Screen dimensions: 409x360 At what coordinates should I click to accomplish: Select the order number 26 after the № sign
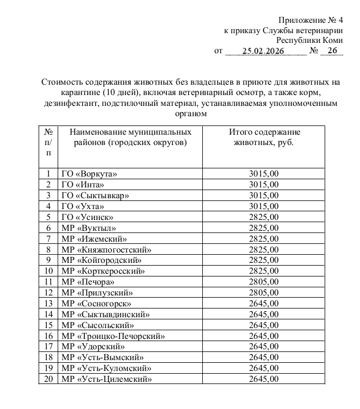pos(332,51)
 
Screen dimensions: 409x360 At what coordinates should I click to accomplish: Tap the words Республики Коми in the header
pos(309,41)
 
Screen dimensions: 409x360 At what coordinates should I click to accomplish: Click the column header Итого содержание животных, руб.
pos(264,137)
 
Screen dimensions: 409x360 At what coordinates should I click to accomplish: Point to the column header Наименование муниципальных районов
pos(127,137)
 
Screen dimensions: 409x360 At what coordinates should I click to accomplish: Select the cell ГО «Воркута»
pos(89,174)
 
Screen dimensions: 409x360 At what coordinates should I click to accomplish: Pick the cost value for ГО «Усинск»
pos(264,216)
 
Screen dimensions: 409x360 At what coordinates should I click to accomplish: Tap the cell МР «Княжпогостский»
pos(105,250)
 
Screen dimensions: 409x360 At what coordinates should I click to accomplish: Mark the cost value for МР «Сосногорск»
pos(264,304)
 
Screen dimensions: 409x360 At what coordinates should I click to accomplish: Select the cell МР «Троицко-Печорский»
pos(113,336)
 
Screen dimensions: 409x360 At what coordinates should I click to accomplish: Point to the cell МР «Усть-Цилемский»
pos(106,379)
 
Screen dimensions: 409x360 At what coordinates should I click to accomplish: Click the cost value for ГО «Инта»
pos(264,185)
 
